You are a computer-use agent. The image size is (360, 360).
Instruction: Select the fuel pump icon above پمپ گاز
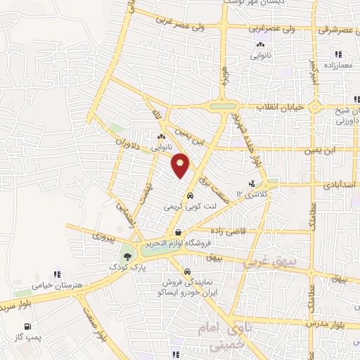point(27,326)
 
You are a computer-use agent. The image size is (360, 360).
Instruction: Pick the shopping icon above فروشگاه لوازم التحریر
point(179,232)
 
